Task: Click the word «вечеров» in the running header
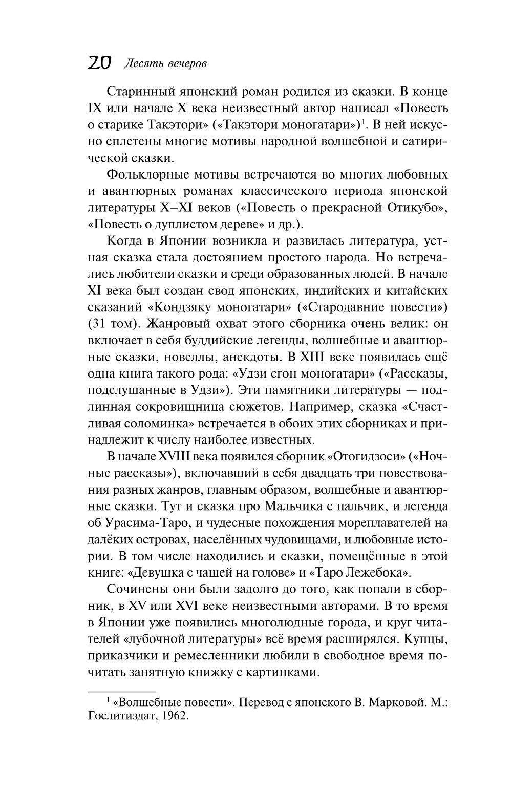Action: pyautogui.click(x=185, y=63)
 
